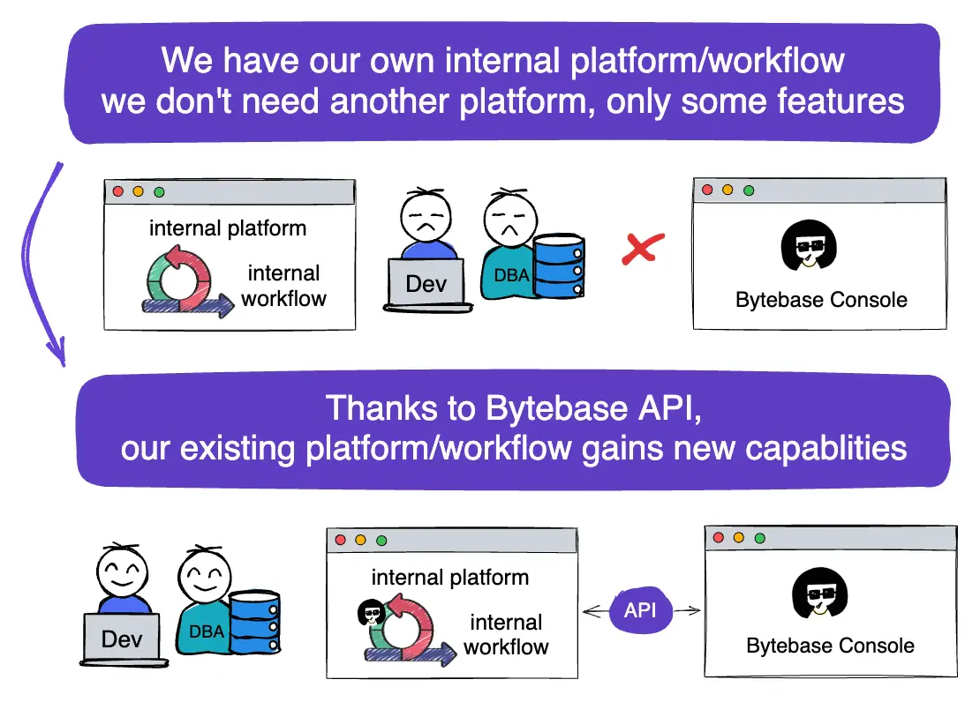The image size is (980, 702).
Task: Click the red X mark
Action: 643,249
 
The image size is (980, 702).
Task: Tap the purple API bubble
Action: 641,610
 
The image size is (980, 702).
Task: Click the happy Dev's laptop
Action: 123,639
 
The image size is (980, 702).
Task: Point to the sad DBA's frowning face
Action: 510,220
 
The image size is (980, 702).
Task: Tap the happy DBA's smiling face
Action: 204,575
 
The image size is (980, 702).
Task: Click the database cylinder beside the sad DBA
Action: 559,265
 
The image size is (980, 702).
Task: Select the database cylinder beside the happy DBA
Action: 254,622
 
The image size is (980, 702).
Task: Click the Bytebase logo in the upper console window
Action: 809,245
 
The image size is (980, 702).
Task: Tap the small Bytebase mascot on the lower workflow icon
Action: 371,612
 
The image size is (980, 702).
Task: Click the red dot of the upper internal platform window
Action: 118,191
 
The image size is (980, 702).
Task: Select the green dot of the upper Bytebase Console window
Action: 749,190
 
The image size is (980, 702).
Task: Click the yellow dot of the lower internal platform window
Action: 360,541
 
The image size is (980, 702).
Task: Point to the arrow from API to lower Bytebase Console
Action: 687,611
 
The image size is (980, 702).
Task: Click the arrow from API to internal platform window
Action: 595,611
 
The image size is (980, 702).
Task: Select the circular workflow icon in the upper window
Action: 180,280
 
